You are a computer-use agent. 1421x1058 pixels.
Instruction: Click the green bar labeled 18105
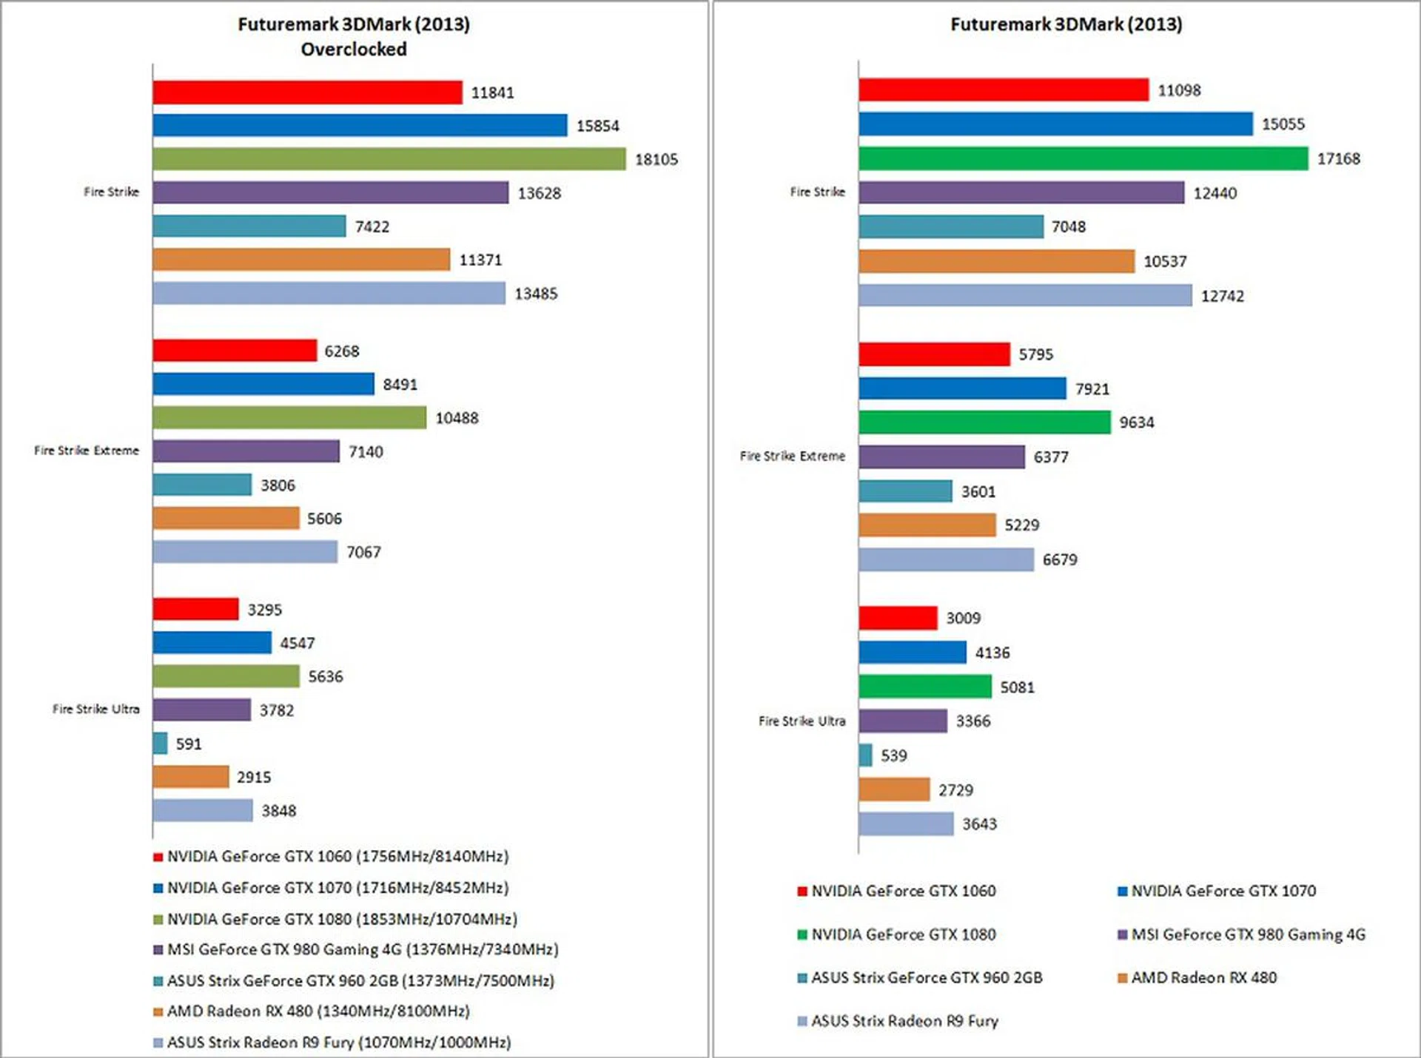coord(389,159)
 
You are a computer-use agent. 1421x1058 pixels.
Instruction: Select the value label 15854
coord(597,126)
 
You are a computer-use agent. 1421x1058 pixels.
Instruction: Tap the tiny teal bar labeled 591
coord(160,743)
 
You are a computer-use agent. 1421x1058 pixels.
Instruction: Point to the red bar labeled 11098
coord(1003,90)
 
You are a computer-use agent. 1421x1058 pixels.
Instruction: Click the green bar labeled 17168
coord(1083,158)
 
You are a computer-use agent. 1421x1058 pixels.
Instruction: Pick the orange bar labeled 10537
coord(996,261)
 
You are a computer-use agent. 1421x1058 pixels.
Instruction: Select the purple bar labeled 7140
coord(246,451)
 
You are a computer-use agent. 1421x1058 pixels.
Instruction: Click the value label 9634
coord(1136,422)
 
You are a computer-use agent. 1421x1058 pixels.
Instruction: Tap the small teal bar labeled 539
coord(865,755)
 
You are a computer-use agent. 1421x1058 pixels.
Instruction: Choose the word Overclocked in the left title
coord(354,50)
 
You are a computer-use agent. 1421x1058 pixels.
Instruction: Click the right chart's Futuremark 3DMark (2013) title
coord(1066,24)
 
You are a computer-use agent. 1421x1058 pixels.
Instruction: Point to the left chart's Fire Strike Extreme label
coord(87,451)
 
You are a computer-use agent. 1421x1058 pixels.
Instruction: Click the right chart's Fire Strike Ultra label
coord(802,721)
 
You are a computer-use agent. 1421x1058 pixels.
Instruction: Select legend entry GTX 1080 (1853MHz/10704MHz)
coord(342,919)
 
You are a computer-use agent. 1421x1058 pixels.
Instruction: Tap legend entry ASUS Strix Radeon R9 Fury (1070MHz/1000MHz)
coord(338,1042)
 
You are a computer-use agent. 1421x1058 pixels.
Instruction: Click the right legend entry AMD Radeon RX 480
coord(1203,977)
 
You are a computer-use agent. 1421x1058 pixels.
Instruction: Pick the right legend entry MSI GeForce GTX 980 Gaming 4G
coord(1248,934)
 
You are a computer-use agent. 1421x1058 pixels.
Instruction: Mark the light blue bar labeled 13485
coord(329,293)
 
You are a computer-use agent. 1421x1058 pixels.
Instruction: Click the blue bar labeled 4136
coord(913,653)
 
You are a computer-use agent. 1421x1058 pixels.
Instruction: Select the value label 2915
coord(254,777)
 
